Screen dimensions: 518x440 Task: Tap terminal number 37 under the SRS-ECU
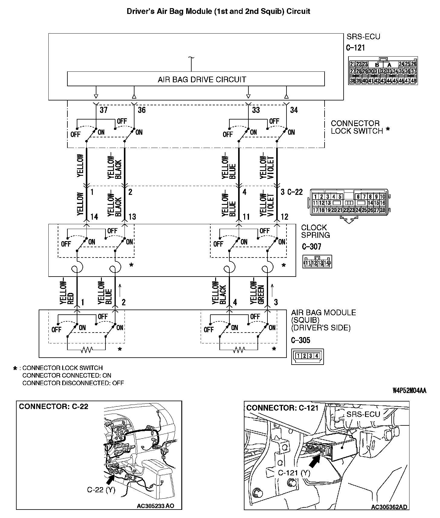(x=104, y=110)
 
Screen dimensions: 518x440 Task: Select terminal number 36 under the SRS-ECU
(x=141, y=110)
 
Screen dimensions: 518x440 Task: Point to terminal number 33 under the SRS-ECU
(x=256, y=110)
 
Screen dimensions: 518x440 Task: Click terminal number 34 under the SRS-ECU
(x=294, y=110)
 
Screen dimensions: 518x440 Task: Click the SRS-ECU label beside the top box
(x=363, y=37)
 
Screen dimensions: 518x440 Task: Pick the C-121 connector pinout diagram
(x=383, y=70)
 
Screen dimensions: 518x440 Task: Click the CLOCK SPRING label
(x=315, y=231)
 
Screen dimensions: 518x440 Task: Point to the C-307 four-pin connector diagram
(x=317, y=262)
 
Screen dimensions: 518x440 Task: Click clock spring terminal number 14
(x=94, y=217)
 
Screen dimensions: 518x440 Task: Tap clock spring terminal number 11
(x=246, y=217)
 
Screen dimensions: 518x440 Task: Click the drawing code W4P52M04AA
(x=409, y=391)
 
